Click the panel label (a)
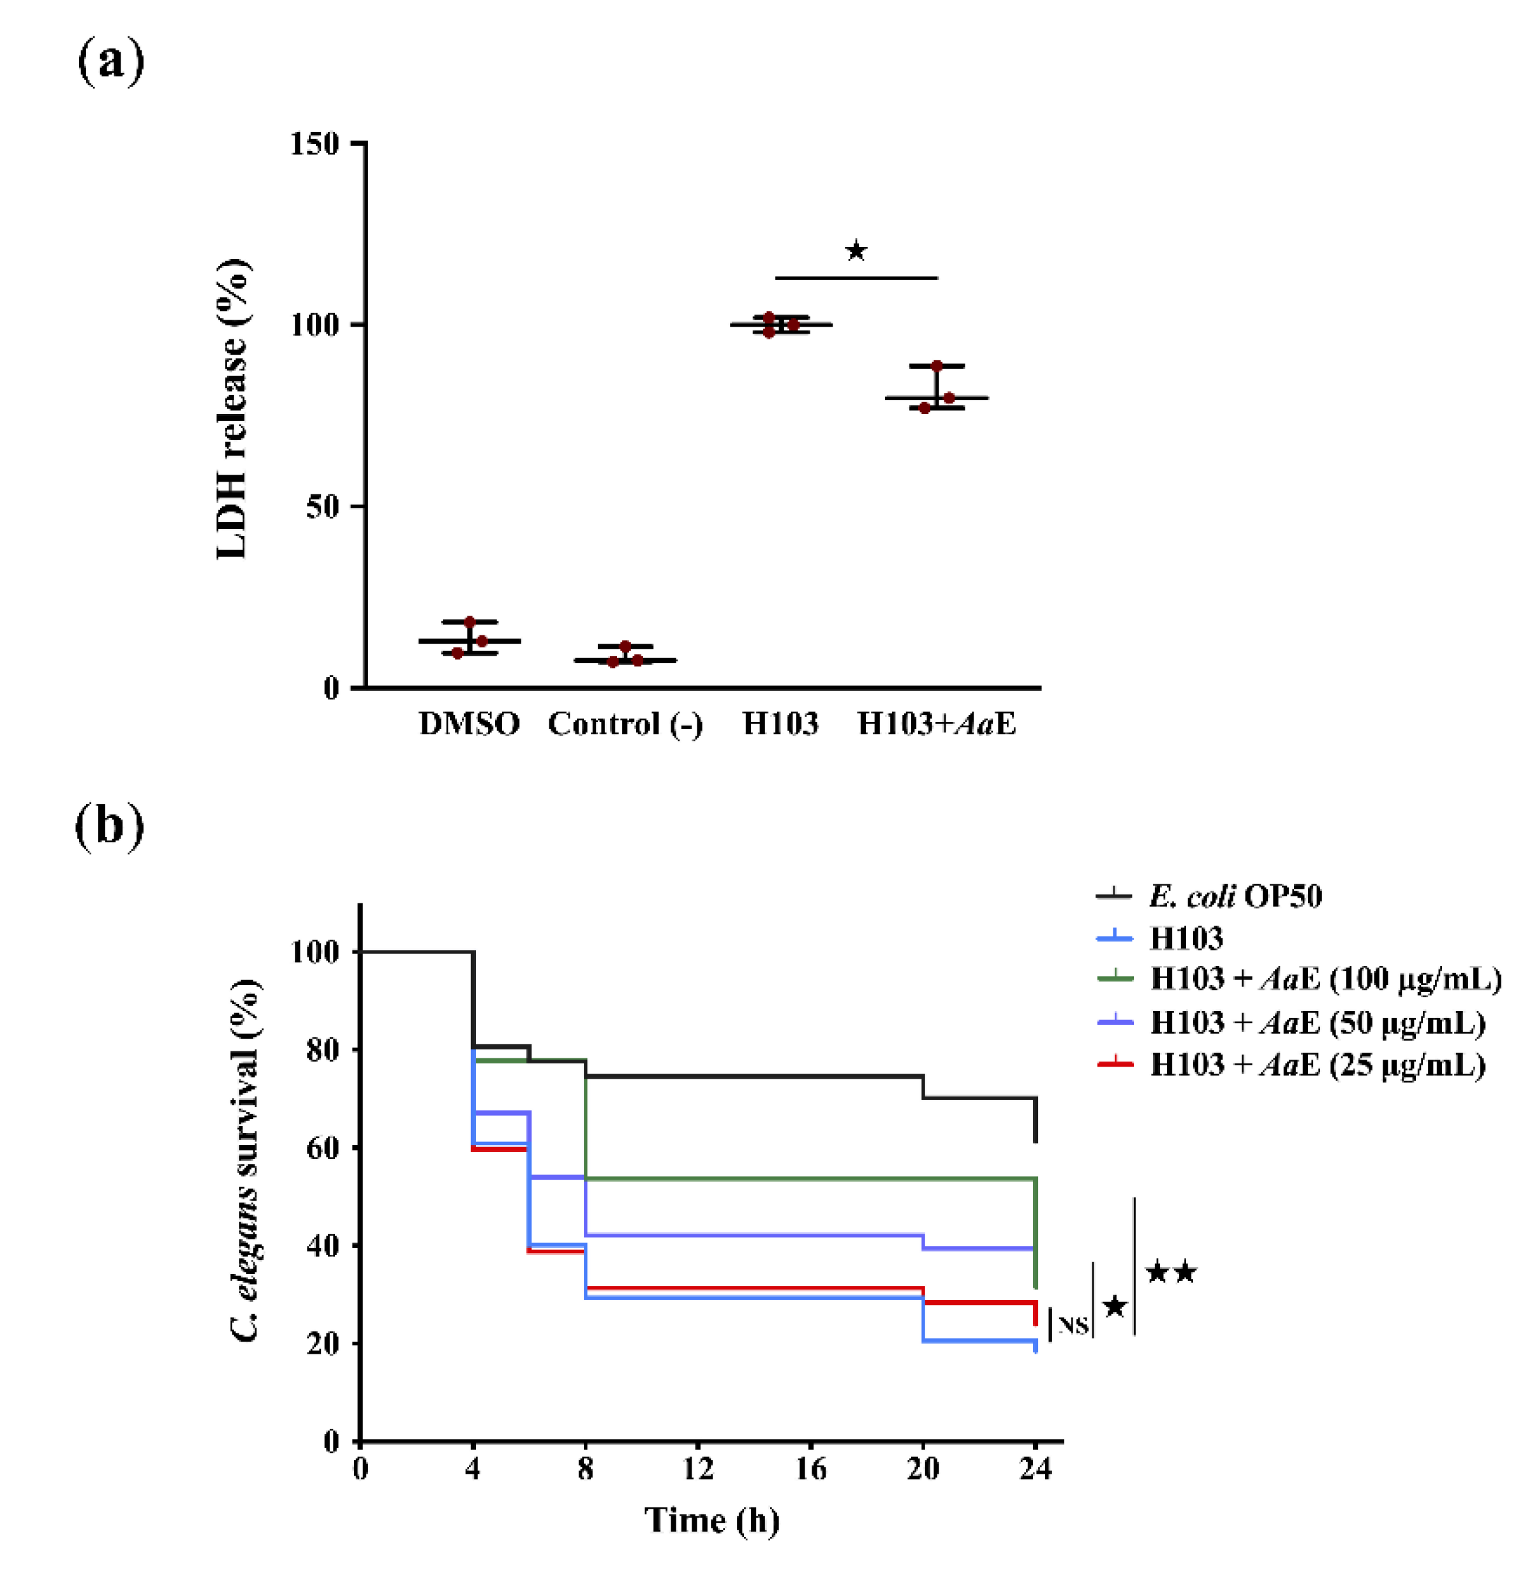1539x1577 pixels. pos(111,61)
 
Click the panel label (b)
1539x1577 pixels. pos(109,827)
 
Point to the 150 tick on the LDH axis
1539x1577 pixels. pos(315,144)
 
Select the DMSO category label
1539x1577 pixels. pos(469,724)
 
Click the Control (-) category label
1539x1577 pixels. pos(625,724)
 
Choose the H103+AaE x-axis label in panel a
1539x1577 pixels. pos(936,724)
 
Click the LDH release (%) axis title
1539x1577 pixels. pos(233,409)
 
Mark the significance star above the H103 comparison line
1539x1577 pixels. pos(856,251)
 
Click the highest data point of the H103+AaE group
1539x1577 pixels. pos(937,366)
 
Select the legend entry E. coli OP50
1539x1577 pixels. pos(1235,896)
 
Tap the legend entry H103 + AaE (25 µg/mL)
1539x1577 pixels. pos(1318,1065)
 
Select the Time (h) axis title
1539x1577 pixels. pos(711,1520)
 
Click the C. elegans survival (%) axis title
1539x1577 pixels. pos(246,1164)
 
